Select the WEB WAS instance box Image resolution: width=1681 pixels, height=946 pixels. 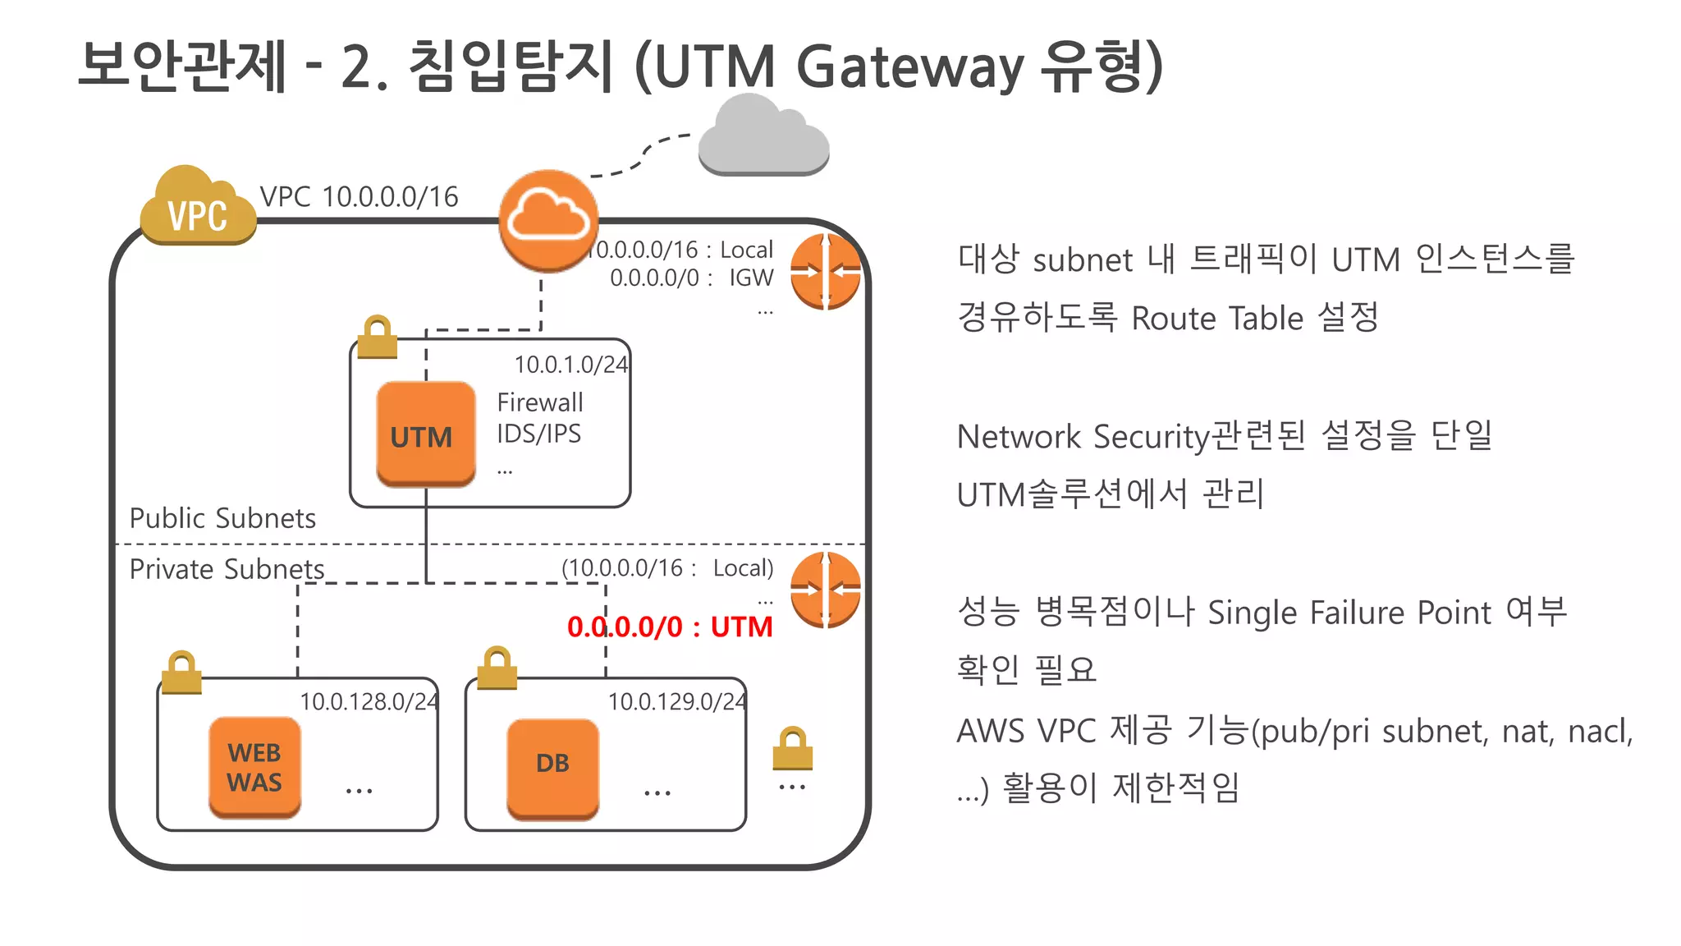pos(254,767)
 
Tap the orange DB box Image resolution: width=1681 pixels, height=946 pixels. pos(552,767)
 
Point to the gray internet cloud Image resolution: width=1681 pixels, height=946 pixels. pos(763,138)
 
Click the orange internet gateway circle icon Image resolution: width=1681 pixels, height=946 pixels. pos(548,220)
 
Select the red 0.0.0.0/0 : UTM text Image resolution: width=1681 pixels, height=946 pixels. pos(670,627)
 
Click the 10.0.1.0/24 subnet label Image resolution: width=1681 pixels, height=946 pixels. pos(570,364)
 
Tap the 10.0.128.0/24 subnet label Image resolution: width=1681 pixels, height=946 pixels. pos(369,701)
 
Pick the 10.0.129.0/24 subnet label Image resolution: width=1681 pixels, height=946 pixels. pos(676,701)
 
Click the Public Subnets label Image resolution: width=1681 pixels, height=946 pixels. pos(222,518)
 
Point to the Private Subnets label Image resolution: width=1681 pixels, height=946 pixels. pos(227,569)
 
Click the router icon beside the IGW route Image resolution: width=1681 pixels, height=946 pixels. pos(825,272)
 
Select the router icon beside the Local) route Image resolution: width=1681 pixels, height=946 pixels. pos(825,590)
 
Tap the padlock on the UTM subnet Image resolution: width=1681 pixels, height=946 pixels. pos(378,338)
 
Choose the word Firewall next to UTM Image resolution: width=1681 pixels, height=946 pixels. pos(540,402)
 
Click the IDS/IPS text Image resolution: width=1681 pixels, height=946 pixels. pos(538,434)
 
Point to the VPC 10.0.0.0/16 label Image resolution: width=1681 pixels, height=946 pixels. pos(359,197)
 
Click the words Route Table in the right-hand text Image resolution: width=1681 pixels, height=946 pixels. pos(1217,318)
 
